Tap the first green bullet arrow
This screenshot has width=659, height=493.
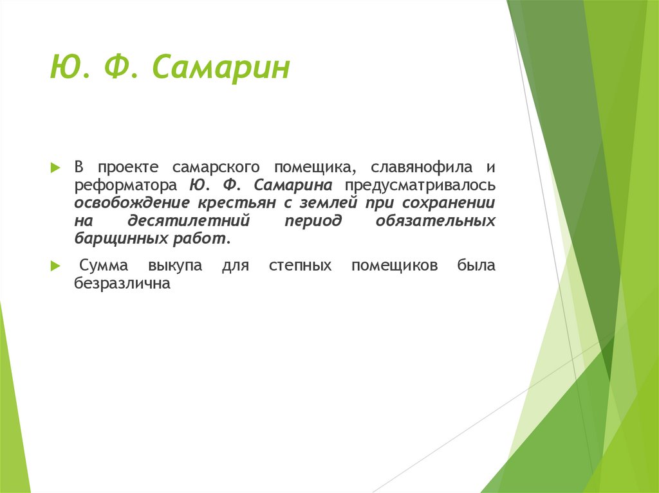tap(55, 167)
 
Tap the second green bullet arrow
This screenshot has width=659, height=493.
tap(55, 265)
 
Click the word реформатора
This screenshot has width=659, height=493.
tap(125, 186)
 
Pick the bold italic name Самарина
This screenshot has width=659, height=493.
tap(293, 186)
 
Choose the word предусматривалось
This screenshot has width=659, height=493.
tap(420, 186)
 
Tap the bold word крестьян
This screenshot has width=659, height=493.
tap(238, 204)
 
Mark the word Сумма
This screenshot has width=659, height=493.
tap(104, 265)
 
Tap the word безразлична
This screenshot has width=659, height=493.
tap(122, 283)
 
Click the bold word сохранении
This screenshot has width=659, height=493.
tap(449, 204)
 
